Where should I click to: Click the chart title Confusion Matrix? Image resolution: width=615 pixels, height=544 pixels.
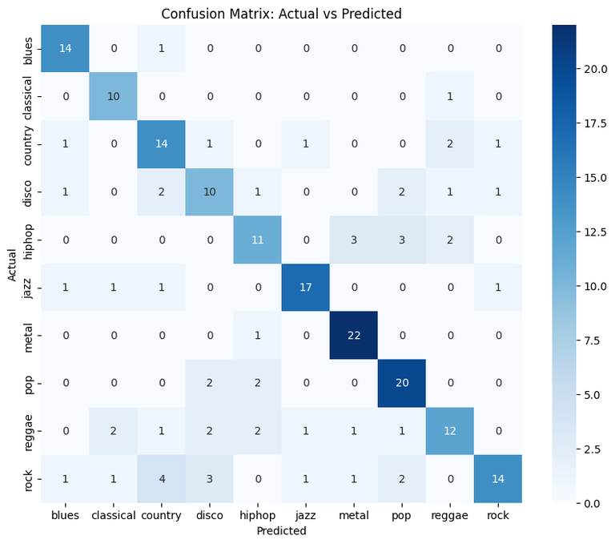pyautogui.click(x=281, y=14)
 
